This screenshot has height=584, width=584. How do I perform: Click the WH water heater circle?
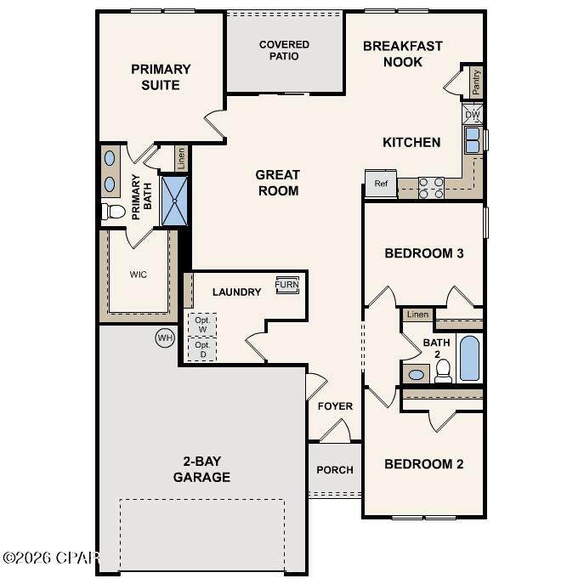coord(165,337)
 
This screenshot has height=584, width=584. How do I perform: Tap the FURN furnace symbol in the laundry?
coord(287,285)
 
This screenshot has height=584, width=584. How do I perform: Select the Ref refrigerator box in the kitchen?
coord(381,184)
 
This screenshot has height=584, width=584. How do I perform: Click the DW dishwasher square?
coord(473,114)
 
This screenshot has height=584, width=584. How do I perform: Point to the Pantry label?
coord(476,82)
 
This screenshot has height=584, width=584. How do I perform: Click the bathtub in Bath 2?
coord(469,358)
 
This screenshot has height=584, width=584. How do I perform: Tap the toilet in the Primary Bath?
coord(113,212)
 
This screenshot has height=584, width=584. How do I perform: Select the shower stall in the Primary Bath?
coord(174,201)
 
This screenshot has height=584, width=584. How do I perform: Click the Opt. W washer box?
coord(202,325)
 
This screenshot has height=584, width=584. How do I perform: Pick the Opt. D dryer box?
coord(202,349)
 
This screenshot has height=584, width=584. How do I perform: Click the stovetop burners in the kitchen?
coord(431,188)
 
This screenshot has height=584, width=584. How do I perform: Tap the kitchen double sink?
coord(473,140)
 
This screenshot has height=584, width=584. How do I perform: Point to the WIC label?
coord(139,275)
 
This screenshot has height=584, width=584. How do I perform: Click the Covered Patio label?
coord(284,50)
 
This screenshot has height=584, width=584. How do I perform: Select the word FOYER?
coord(335,406)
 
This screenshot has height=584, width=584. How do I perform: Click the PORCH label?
coord(335,470)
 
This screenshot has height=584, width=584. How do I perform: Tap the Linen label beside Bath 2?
coord(417,315)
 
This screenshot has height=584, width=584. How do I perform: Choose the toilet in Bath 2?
coord(443,371)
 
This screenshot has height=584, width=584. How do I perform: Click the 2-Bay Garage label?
coord(201,469)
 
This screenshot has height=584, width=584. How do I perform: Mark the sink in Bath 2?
coord(416,375)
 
